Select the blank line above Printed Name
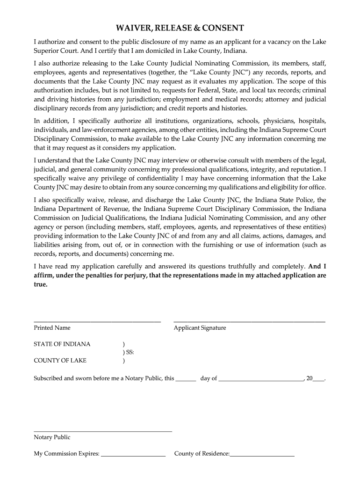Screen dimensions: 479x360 coord(97,321)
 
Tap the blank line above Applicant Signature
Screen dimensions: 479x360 coord(249,321)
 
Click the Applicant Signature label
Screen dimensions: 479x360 coord(200,328)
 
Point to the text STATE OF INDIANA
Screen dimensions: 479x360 coord(62,344)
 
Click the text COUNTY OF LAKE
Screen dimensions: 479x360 coord(60,361)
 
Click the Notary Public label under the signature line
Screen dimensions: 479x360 coord(52,437)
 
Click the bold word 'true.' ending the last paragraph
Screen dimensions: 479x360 coord(41,284)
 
